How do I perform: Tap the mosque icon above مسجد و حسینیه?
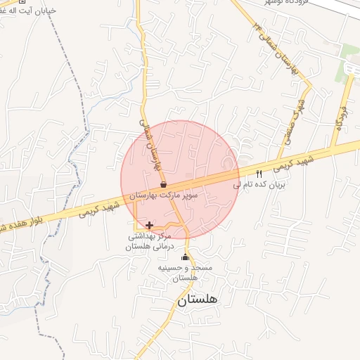pos(186,257)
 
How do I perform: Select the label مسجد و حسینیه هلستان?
pos(186,274)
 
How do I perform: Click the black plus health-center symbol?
pos(149,226)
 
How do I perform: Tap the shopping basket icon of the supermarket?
pos(163,184)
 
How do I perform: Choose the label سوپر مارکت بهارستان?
pos(164,194)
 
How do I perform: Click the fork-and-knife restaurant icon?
pos(259,174)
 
